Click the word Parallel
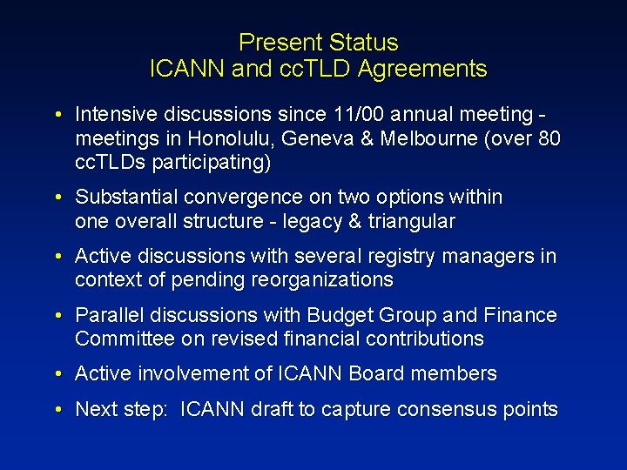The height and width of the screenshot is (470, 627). [x=108, y=315]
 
